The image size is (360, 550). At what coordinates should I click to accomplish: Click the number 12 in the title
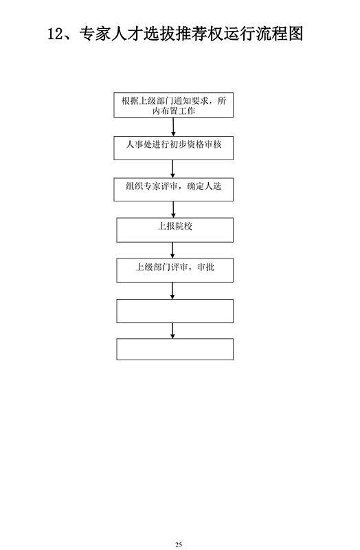tap(55, 34)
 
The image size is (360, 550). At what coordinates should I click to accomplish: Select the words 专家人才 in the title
tap(111, 34)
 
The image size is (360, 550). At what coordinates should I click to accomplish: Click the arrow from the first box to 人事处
tap(173, 126)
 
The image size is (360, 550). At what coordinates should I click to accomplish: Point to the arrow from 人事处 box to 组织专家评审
tap(173, 169)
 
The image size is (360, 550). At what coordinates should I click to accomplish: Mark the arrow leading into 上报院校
tap(173, 210)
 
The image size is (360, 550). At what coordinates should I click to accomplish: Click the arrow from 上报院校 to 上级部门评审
tap(172, 250)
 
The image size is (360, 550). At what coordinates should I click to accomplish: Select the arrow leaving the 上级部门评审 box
tap(172, 291)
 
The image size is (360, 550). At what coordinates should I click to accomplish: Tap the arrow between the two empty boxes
tap(172, 331)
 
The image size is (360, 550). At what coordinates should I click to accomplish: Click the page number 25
tap(179, 544)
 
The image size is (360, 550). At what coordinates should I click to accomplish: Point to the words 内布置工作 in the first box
tap(174, 111)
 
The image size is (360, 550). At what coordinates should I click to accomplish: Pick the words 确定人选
tap(204, 186)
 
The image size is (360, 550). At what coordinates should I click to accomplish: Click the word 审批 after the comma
tap(206, 267)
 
